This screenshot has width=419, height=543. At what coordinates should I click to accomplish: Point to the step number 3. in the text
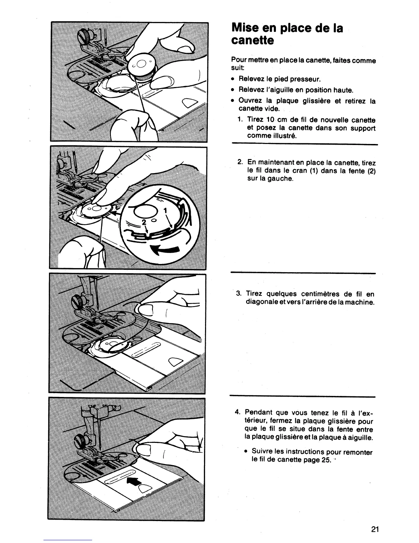[239, 294]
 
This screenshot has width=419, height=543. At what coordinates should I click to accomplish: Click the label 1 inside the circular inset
[165, 210]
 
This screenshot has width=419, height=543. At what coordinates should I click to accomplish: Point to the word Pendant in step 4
[259, 412]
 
